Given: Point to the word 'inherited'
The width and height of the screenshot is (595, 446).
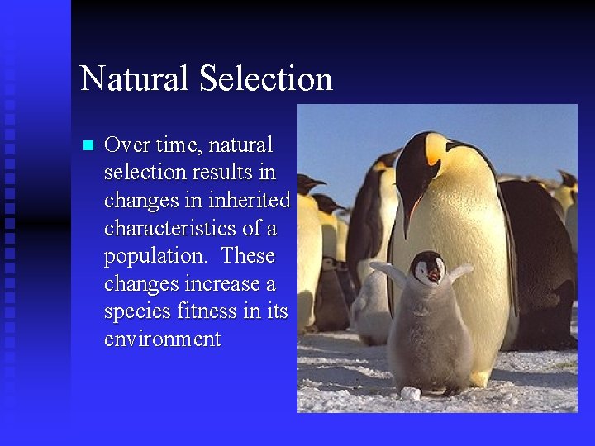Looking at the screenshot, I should pyautogui.click(x=251, y=201).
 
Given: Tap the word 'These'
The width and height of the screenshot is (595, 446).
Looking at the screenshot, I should pyautogui.click(x=247, y=256).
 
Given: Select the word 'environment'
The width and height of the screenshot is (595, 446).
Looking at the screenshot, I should pyautogui.click(x=162, y=340).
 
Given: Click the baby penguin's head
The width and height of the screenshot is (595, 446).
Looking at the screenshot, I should pyautogui.click(x=428, y=268).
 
